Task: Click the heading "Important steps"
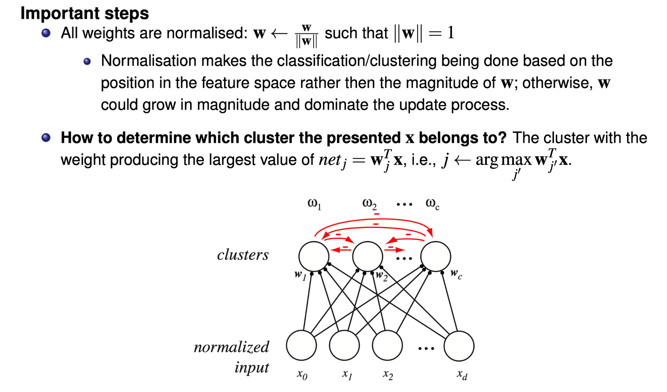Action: click(x=85, y=13)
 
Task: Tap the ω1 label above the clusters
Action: click(x=314, y=204)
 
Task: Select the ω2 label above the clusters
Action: click(x=369, y=204)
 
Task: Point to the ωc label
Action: click(x=432, y=204)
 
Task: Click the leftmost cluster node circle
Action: click(x=314, y=256)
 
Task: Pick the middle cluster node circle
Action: click(x=367, y=256)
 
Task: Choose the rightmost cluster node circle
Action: click(x=436, y=256)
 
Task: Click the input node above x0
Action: click(x=301, y=345)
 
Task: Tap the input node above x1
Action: click(x=344, y=345)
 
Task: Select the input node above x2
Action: click(x=387, y=345)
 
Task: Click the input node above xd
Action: click(x=459, y=345)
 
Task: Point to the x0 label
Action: click(x=302, y=374)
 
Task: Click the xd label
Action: click(x=462, y=374)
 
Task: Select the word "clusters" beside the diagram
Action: click(x=243, y=255)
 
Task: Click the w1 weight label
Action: click(x=300, y=275)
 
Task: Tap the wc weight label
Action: click(x=456, y=274)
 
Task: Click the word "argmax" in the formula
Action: click(x=503, y=160)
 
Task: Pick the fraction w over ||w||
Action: click(x=307, y=35)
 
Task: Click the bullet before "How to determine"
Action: click(x=46, y=137)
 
